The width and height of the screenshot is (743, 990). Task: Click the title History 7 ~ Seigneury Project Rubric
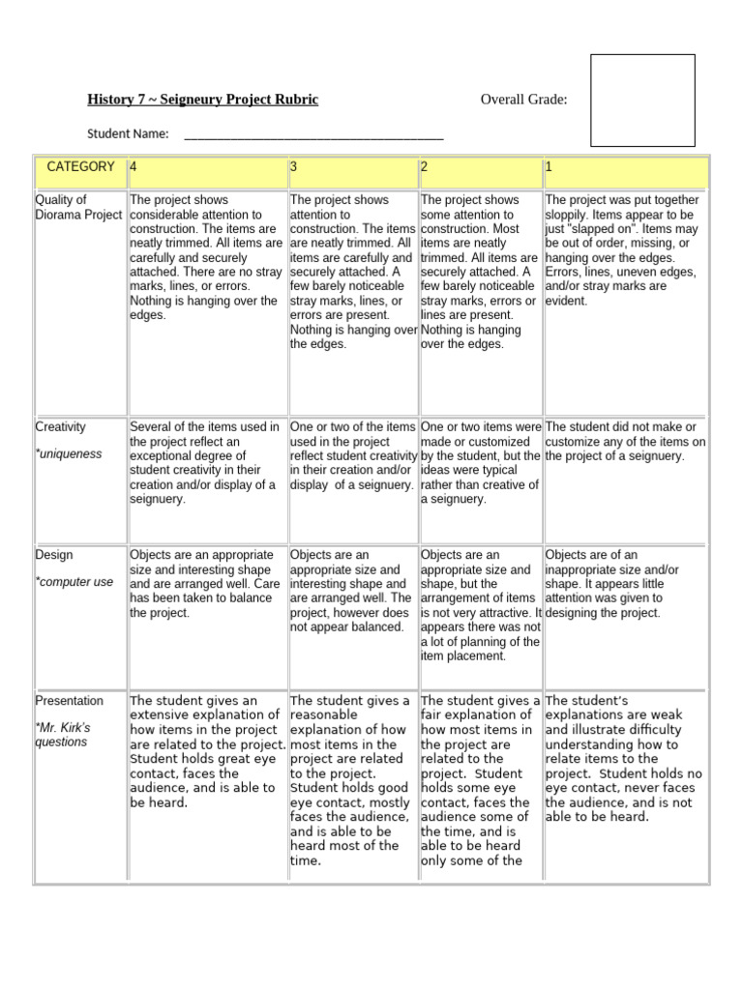[202, 100]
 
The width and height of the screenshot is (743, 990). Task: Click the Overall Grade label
[523, 100]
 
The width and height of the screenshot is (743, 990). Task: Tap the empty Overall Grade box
[642, 101]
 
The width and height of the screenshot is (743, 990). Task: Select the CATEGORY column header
[80, 167]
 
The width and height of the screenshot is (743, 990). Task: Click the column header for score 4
[134, 167]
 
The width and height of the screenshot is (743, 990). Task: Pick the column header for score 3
[294, 167]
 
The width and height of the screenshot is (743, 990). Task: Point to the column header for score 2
[424, 167]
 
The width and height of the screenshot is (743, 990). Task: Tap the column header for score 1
[549, 167]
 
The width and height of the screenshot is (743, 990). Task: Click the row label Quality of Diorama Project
[78, 207]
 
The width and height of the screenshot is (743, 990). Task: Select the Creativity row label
[61, 426]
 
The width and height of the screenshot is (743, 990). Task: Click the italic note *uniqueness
[69, 453]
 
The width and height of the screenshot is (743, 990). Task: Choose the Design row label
[54, 555]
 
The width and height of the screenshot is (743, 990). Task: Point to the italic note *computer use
[74, 582]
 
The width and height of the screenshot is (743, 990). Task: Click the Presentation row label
[69, 700]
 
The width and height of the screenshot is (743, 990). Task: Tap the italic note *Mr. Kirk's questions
[64, 735]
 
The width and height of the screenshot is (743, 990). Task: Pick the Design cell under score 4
[206, 584]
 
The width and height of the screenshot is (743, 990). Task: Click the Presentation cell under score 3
[352, 780]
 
